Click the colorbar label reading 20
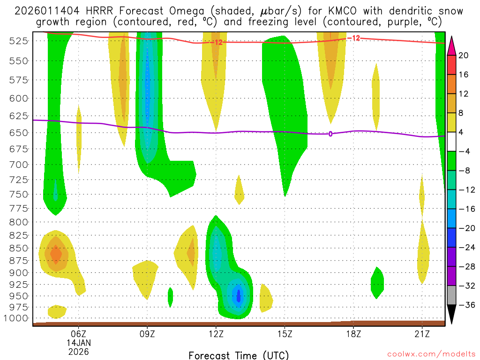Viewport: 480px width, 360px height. pos(463,55)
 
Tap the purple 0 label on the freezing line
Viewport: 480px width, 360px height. pos(330,134)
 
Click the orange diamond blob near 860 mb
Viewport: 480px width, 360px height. pos(56,255)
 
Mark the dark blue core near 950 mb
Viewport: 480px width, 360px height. pos(239,296)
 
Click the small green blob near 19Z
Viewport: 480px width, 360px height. pos(377,282)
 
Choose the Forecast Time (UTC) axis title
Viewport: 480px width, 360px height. pos(239,355)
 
